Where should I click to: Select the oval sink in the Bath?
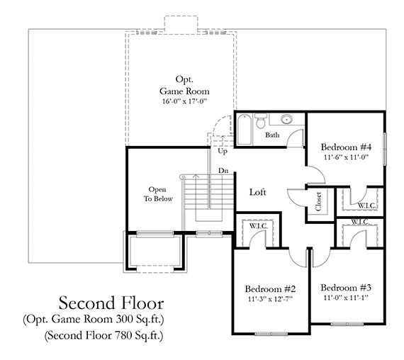coord(287,120)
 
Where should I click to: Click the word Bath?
coord(273,135)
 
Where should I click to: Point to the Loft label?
coord(258,192)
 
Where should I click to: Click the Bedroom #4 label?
coord(345,147)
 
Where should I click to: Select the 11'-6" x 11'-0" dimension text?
coord(345,158)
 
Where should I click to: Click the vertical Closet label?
coord(318,202)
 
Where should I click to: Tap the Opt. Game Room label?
coord(183,85)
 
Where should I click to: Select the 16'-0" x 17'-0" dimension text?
coord(183,102)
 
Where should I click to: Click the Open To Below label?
coord(157,194)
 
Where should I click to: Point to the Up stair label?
coord(222,152)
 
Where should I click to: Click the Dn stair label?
coord(223,171)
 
